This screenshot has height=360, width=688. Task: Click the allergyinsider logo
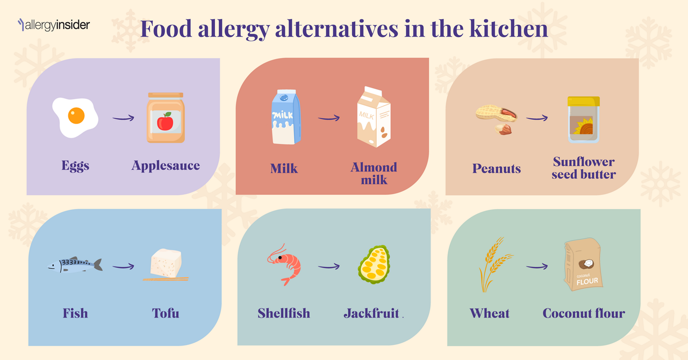pos(54,25)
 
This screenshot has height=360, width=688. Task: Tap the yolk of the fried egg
pos(76,116)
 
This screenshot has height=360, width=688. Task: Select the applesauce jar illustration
pos(166,118)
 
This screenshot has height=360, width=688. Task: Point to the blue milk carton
pos(286,117)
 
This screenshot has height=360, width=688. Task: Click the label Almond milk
pos(374,174)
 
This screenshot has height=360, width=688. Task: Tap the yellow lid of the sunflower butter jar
pos(583,102)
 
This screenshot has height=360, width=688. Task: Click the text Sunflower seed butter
pos(583,168)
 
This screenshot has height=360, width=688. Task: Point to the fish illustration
pos(75,265)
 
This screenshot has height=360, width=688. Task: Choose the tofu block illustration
pos(166,264)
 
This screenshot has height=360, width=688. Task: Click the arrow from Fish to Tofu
pos(123,266)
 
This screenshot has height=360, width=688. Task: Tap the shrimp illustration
pos(285,264)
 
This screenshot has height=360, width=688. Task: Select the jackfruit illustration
pos(374,264)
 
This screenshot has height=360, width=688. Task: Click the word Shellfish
pos(284,313)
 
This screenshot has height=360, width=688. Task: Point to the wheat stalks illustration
pos(492,264)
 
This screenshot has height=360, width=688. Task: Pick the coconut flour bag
pos(583,265)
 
